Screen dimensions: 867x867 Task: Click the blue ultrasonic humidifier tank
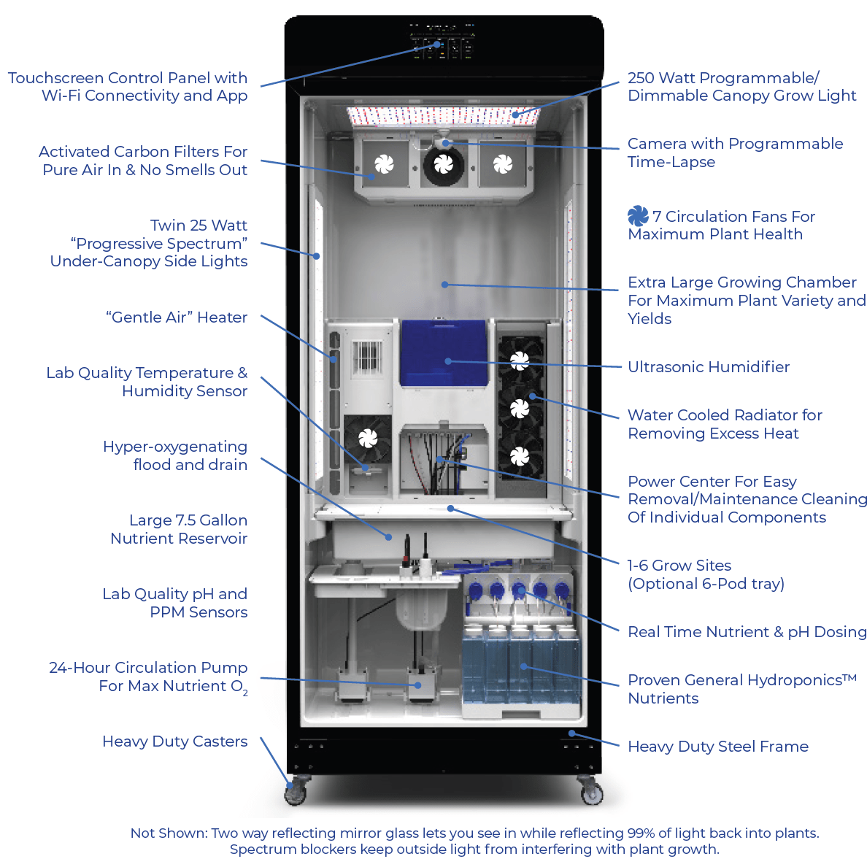pos(444,354)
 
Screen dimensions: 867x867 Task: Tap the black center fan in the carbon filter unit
pos(444,164)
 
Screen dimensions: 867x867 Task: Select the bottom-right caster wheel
pos(591,793)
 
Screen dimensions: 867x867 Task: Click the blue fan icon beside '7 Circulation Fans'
pos(638,216)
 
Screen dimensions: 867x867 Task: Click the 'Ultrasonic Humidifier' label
pos(708,367)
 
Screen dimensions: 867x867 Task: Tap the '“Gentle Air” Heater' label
pos(177,317)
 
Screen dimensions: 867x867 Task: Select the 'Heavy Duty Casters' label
pos(174,741)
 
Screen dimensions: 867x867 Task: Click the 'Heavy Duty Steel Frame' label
pos(717,747)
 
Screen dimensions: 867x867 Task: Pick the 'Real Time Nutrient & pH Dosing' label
pos(747,632)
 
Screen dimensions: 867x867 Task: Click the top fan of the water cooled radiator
pos(520,360)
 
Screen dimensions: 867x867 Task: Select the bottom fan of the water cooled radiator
pos(520,456)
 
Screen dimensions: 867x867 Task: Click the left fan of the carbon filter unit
pos(384,165)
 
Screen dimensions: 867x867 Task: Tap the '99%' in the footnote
pos(641,833)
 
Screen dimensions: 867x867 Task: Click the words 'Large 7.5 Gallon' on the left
pos(188,520)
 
